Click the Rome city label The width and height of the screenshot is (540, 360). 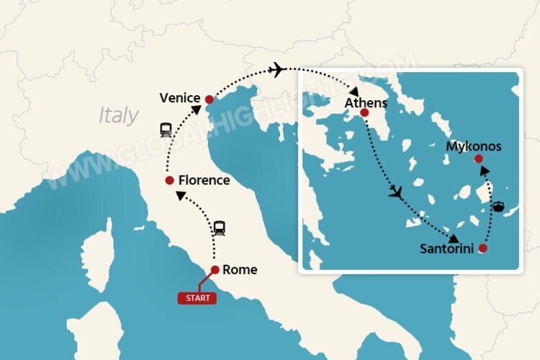[240, 271]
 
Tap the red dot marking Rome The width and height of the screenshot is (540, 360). [215, 270]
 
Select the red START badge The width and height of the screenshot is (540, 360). [197, 297]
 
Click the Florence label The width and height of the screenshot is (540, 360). [204, 180]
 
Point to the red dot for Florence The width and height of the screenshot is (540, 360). [169, 180]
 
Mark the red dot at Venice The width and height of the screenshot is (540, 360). [209, 99]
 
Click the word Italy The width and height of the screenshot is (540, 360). [119, 115]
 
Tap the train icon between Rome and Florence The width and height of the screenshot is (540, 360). [220, 229]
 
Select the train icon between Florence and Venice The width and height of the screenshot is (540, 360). [166, 130]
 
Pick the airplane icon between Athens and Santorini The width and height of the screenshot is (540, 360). [395, 193]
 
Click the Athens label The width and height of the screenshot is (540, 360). [366, 103]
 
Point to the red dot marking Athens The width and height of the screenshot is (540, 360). [364, 113]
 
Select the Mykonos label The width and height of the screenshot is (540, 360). [474, 147]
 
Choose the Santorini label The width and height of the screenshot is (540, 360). [447, 249]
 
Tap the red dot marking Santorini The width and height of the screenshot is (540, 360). [482, 248]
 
